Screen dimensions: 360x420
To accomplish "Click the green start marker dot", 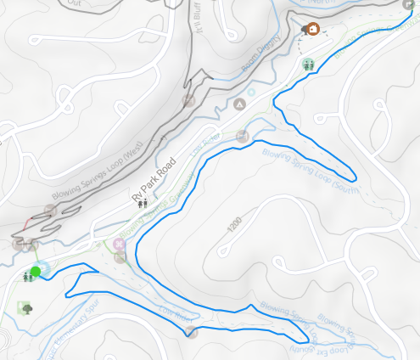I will pos(35,273).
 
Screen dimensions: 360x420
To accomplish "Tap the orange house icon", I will pos(312,30).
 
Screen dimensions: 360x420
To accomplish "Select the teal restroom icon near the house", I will pos(309,65).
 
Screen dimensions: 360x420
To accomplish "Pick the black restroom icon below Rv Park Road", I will pos(142,202).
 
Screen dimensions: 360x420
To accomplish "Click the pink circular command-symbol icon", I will pos(119,245).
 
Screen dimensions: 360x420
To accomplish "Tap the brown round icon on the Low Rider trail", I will pos(192,331).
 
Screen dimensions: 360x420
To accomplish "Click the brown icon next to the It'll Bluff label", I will pos(188,101).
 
